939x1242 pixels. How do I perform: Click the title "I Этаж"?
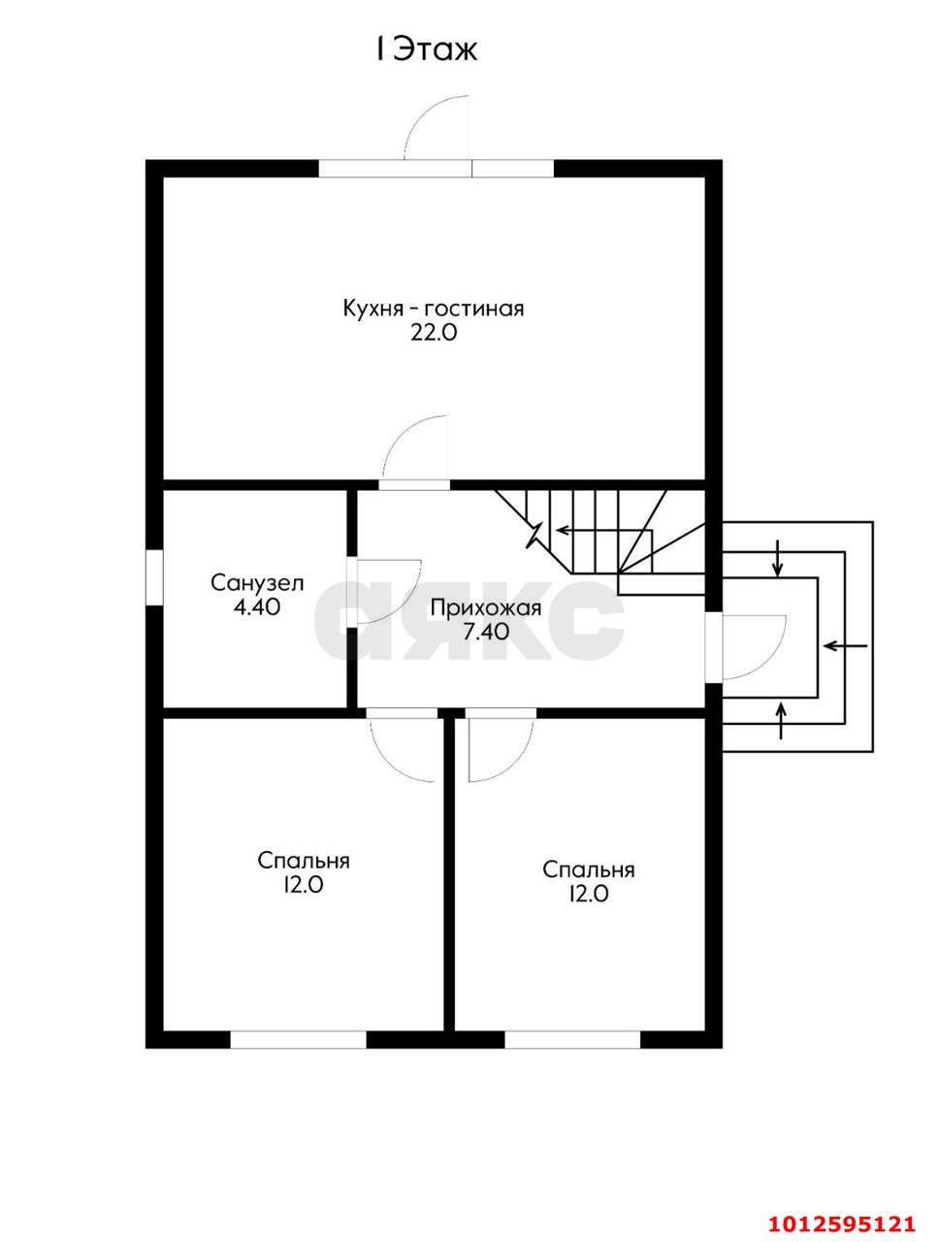click(427, 49)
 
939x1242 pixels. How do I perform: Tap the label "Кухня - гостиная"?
click(434, 309)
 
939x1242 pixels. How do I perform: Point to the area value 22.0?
click(434, 334)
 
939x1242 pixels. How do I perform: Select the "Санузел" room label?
click(257, 583)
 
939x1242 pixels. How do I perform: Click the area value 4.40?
click(257, 607)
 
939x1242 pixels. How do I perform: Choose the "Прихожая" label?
click(486, 608)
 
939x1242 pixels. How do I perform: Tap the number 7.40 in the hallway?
click(486, 632)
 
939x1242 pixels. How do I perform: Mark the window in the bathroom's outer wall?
click(154, 576)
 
